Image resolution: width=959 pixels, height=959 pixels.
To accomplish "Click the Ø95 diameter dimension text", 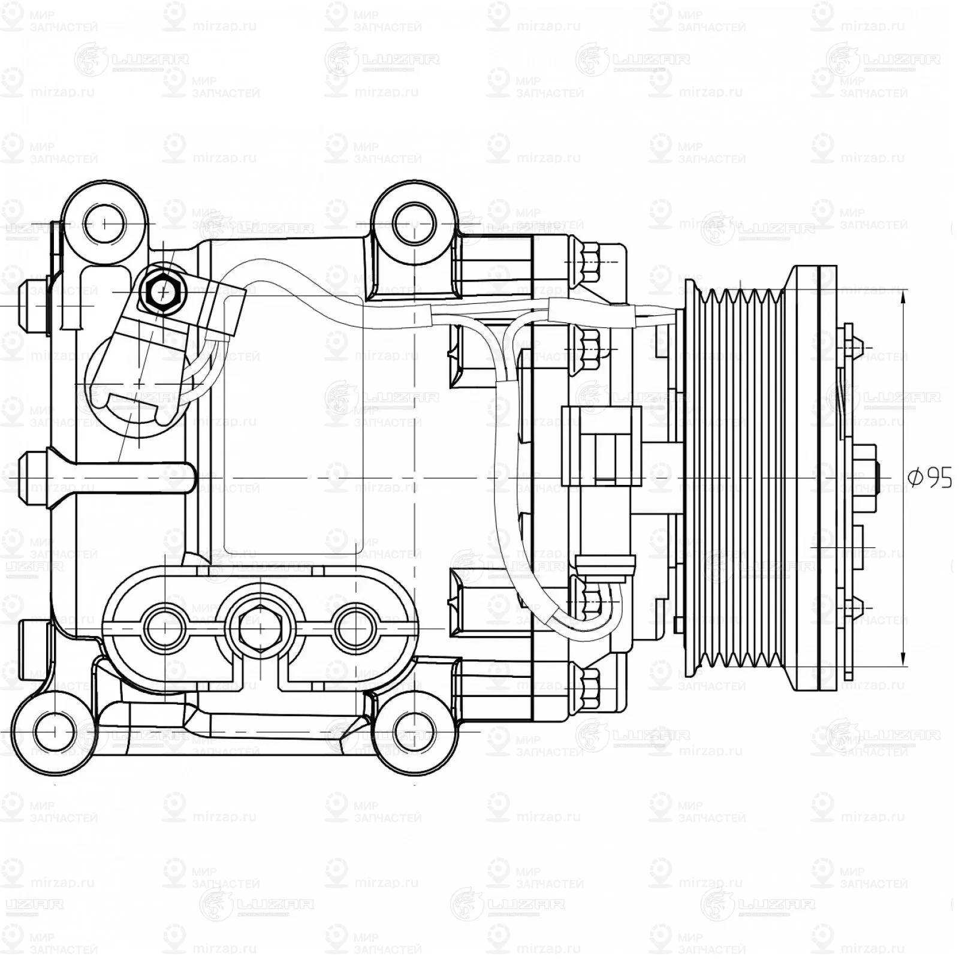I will pyautogui.click(x=930, y=478).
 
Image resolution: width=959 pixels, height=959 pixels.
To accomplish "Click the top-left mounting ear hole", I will pyautogui.click(x=105, y=224).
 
